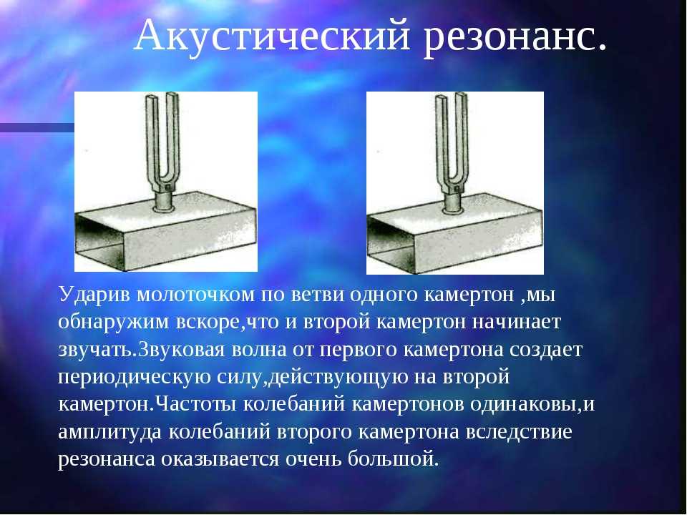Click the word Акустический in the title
(x=273, y=36)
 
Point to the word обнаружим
(x=114, y=323)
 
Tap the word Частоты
(x=196, y=405)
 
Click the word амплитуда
(x=110, y=432)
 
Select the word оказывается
(x=220, y=460)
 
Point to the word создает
(x=545, y=350)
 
